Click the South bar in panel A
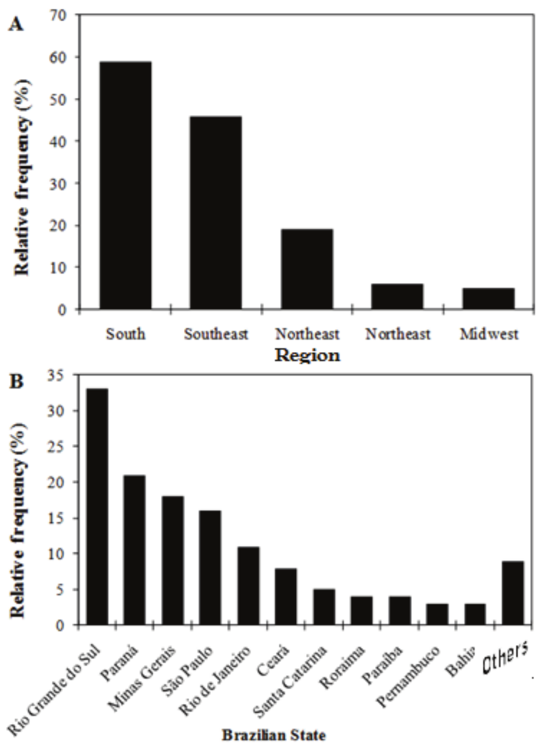[x=125, y=185]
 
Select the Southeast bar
[x=216, y=213]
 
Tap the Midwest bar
[x=488, y=298]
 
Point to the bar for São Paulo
[x=210, y=568]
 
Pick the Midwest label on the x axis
[x=490, y=334]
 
